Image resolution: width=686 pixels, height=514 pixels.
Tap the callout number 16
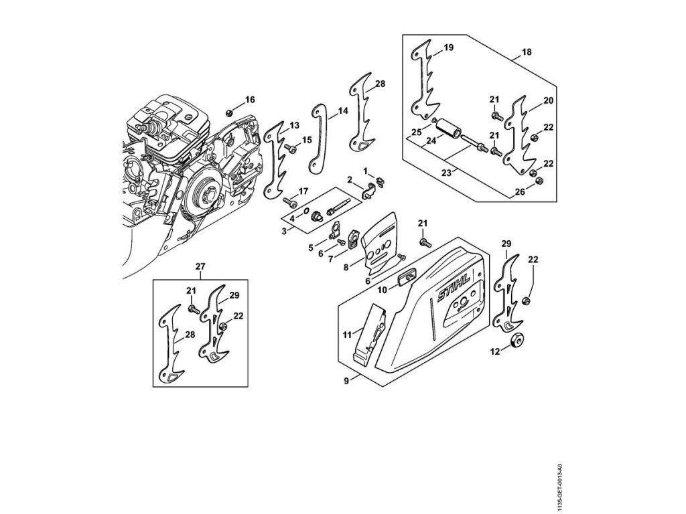coord(250,100)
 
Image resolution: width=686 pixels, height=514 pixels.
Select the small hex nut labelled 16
coord(230,112)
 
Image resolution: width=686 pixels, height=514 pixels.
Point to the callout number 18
coord(527,51)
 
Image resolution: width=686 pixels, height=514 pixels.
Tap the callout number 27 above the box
coord(200,266)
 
